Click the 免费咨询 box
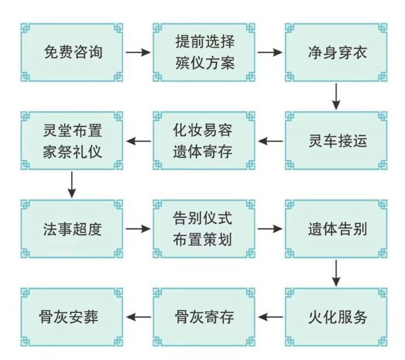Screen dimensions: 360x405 point(72,53)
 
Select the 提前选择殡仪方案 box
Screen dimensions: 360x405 point(205,53)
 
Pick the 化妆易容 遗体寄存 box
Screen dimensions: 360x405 point(205,141)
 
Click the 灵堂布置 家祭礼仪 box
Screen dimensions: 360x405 point(72,141)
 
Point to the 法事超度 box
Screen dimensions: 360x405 point(72,229)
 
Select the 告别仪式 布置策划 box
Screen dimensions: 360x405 point(205,229)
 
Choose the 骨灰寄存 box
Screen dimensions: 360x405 point(205,317)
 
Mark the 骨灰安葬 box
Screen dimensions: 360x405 point(72,317)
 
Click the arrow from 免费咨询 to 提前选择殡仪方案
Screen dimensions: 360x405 point(138,53)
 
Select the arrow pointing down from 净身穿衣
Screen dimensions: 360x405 point(337,97)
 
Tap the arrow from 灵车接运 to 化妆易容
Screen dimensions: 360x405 point(271,141)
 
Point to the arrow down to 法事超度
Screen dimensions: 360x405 point(72,185)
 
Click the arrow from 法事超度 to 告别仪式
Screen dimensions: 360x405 point(138,229)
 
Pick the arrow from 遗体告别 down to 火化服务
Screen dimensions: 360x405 point(337,273)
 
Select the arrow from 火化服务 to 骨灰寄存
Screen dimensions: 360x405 point(271,317)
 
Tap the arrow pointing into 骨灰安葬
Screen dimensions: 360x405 point(138,317)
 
